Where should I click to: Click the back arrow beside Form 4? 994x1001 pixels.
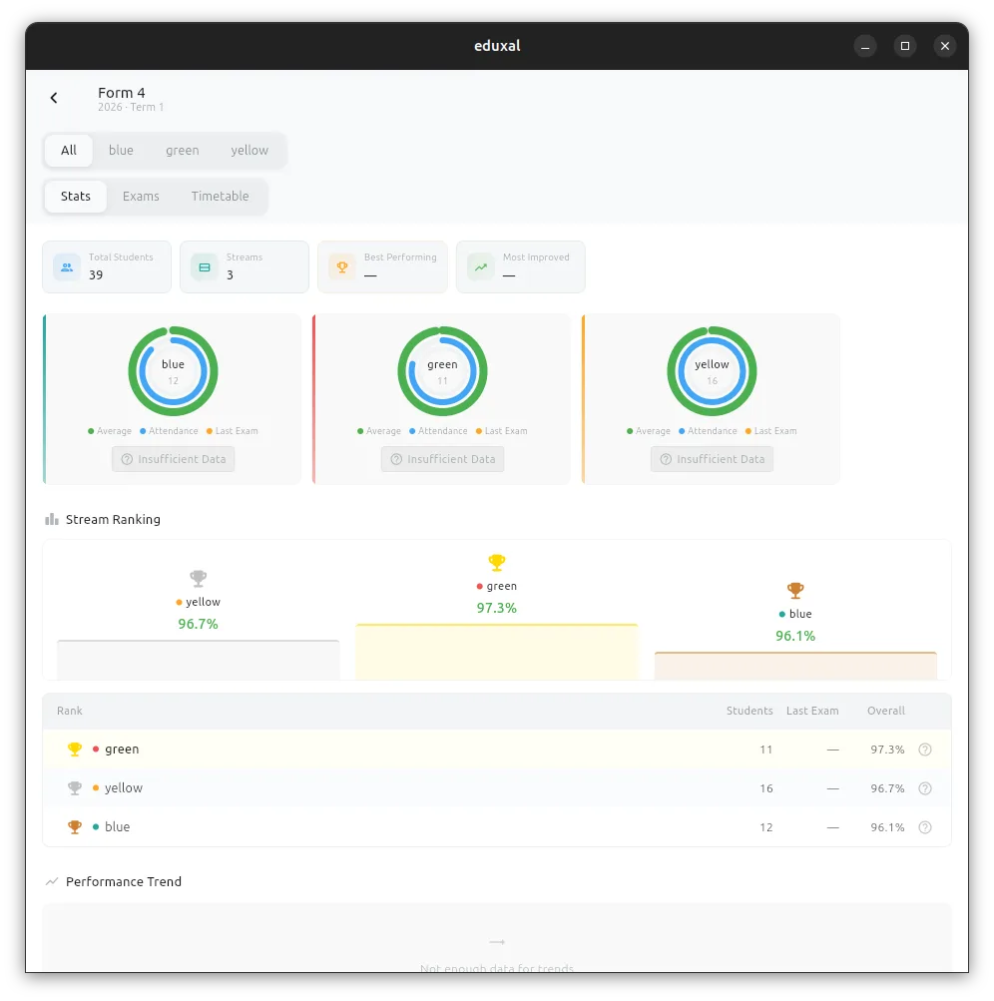tap(54, 98)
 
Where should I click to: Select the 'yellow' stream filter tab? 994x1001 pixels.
tap(249, 151)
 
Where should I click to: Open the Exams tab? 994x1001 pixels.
tap(141, 197)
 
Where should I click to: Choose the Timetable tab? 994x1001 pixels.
tap(220, 197)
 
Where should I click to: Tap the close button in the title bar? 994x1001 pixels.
tap(945, 46)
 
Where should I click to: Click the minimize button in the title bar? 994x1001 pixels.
tap(865, 46)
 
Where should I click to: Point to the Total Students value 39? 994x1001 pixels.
tap(96, 274)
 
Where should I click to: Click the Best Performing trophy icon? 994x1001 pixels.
tap(342, 266)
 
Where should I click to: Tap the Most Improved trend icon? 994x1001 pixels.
tap(481, 266)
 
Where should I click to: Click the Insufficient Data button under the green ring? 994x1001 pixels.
tap(442, 459)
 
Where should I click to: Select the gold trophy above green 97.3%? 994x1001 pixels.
tap(497, 562)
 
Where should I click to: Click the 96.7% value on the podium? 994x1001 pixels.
tap(198, 624)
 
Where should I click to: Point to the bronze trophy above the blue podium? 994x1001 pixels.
tap(795, 590)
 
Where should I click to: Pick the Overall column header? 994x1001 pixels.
tap(886, 711)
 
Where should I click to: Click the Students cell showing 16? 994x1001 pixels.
tap(765, 788)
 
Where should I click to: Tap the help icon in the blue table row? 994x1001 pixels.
tap(925, 827)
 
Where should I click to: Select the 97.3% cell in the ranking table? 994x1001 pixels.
tap(887, 750)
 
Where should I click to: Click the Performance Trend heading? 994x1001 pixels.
tap(124, 881)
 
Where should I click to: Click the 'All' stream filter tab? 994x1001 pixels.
tap(68, 151)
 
